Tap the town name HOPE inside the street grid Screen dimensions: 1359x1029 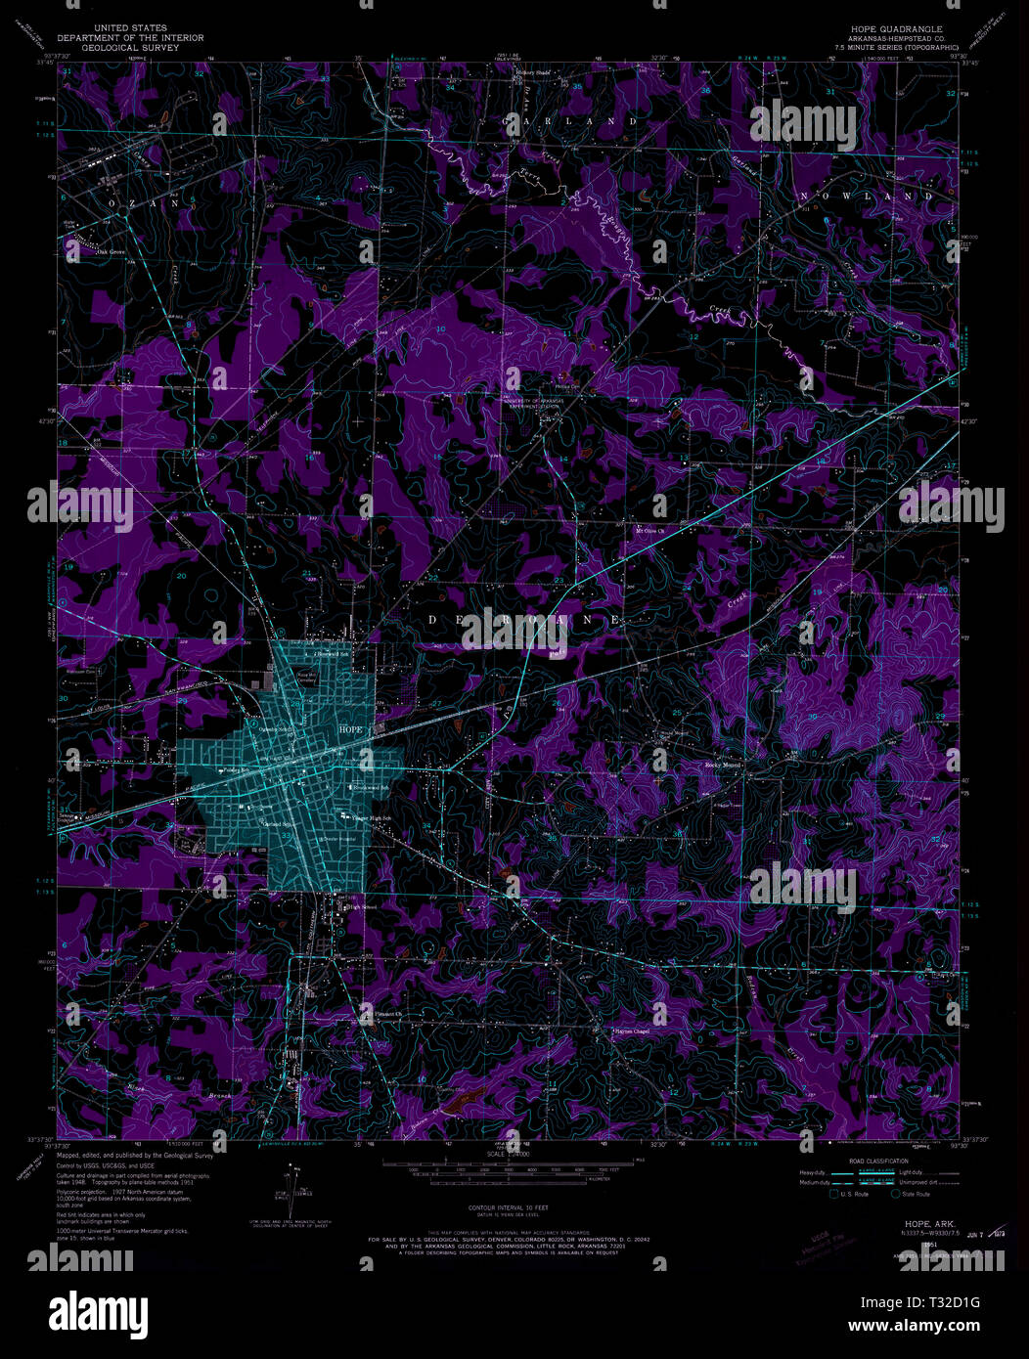350,729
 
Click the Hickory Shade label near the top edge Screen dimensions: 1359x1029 537,72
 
